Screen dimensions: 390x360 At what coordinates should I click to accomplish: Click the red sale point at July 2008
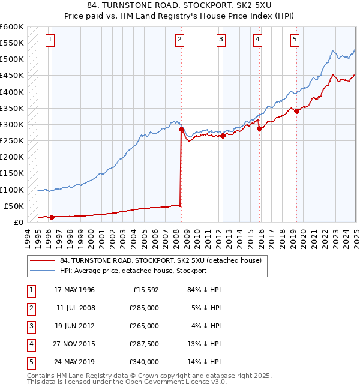point(181,129)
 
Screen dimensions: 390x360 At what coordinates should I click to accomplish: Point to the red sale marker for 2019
point(296,110)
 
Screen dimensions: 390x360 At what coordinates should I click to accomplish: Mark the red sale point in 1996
point(52,217)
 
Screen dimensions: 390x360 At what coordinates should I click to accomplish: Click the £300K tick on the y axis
point(12,124)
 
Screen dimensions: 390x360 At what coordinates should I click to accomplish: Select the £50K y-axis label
point(14,206)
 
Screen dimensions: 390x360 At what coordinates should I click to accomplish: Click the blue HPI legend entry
point(133,271)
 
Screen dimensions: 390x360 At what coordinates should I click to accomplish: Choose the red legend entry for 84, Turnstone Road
point(160,261)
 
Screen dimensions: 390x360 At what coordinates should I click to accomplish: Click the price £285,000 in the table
point(145,308)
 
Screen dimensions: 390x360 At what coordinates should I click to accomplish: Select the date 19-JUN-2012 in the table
point(74,326)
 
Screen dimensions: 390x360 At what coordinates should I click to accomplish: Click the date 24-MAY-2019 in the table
point(74,362)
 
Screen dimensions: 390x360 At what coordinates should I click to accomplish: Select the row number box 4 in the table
point(30,344)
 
